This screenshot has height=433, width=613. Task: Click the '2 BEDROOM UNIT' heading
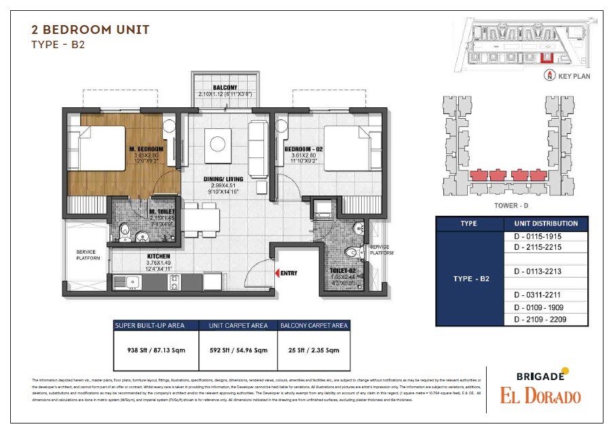(90, 30)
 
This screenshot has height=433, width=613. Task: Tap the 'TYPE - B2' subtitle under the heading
(58, 45)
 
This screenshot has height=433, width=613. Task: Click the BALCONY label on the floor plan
(225, 88)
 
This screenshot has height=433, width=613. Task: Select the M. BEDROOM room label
(147, 149)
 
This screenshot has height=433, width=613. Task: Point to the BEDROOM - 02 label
(302, 149)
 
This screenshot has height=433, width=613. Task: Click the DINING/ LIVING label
(222, 179)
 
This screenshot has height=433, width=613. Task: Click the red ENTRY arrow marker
(277, 273)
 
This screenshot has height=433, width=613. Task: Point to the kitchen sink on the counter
(132, 282)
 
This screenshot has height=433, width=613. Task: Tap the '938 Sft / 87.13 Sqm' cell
(155, 350)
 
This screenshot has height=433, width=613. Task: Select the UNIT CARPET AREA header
(238, 326)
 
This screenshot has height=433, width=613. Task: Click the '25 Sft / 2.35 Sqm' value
(314, 350)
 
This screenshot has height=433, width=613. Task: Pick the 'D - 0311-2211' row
(546, 295)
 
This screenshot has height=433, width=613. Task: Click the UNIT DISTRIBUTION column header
(546, 223)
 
